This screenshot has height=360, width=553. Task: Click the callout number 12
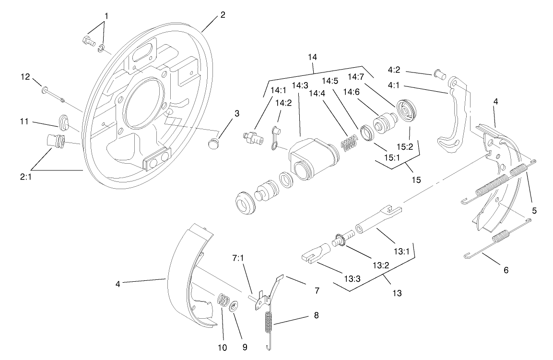click(25, 76)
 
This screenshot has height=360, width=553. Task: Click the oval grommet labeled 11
click(63, 123)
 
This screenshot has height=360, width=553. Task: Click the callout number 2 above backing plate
click(223, 14)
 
